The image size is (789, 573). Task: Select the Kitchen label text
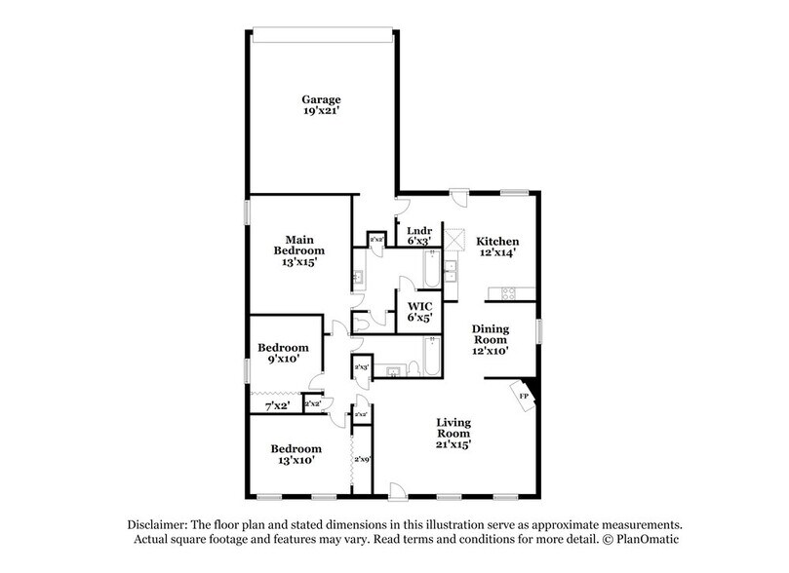tap(496, 241)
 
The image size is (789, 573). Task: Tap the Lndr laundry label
tap(419, 235)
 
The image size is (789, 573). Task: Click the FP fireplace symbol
tap(524, 396)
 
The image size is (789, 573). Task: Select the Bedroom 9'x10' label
tap(283, 353)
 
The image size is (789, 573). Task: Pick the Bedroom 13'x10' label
tap(296, 454)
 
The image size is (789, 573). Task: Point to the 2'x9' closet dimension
tap(362, 459)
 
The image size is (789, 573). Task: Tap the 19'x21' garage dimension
tap(320, 111)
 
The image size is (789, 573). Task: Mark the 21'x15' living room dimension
tap(454, 444)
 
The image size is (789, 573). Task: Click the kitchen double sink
tap(452, 270)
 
